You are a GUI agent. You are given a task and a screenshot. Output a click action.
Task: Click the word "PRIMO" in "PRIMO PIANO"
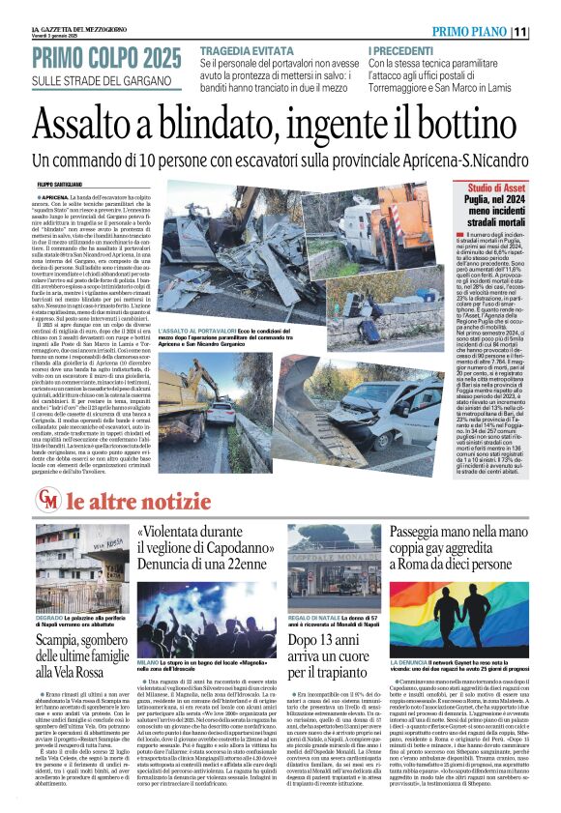[x=455, y=32]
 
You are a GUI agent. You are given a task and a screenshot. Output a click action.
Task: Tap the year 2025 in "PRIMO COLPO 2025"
[x=153, y=58]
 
